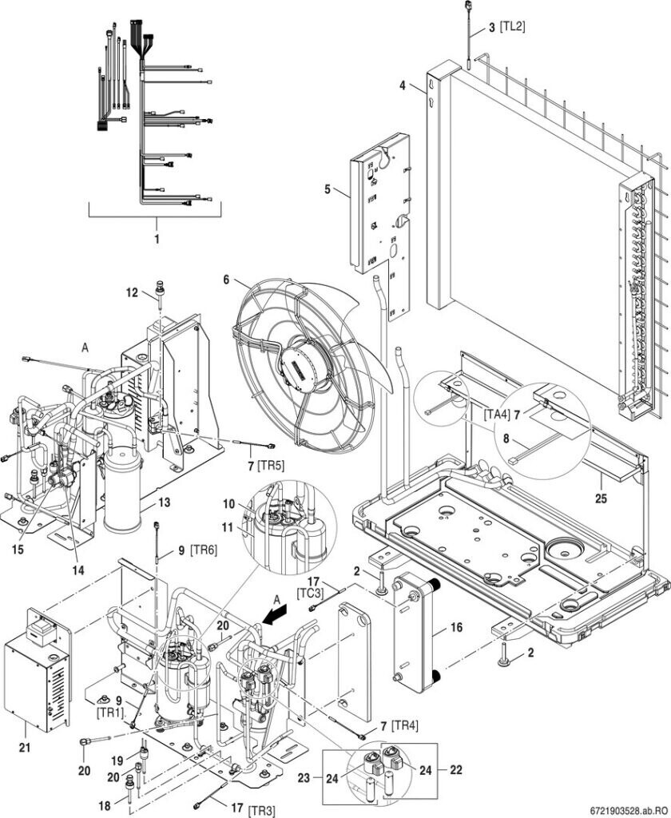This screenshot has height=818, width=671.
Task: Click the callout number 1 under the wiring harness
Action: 156,239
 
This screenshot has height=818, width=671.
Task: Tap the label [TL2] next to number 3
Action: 512,26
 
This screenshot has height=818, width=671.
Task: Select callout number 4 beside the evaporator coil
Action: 403,85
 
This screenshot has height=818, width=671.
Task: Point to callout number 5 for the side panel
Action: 328,189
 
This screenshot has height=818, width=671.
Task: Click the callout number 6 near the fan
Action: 226,280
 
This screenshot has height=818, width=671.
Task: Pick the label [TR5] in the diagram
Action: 271,466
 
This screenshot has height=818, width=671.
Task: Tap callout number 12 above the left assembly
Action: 132,292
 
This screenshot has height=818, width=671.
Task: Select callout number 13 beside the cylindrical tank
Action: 164,502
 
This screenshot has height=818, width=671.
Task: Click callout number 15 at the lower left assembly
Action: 18,550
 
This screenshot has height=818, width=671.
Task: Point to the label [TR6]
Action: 204,550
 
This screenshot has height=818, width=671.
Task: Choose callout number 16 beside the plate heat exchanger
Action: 456,626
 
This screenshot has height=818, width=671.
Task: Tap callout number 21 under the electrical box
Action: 25,748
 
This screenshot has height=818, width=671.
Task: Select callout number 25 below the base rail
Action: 601,498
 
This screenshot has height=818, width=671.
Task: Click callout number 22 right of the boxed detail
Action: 455,769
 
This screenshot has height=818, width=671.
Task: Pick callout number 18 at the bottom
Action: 105,805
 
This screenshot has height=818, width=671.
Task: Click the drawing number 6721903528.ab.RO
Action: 629,810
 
